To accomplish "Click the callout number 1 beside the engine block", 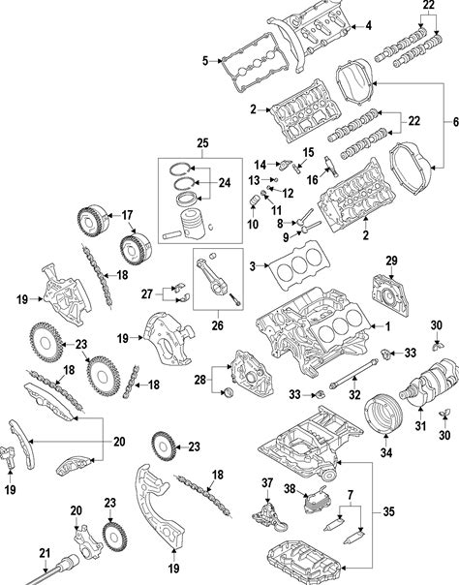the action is coord(387,326).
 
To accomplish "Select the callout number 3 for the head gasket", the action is coord(253,266).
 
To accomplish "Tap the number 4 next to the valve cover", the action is coord(368,26).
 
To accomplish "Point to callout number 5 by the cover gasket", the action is coord(205,60).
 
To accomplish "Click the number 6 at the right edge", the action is coord(455,122).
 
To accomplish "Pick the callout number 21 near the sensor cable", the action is coord(45,553).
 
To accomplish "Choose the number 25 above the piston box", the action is coord(202,143).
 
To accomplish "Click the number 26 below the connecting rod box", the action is coord(217,325).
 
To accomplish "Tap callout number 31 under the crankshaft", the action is coord(420,425).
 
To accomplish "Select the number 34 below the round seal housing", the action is coord(386,452).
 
